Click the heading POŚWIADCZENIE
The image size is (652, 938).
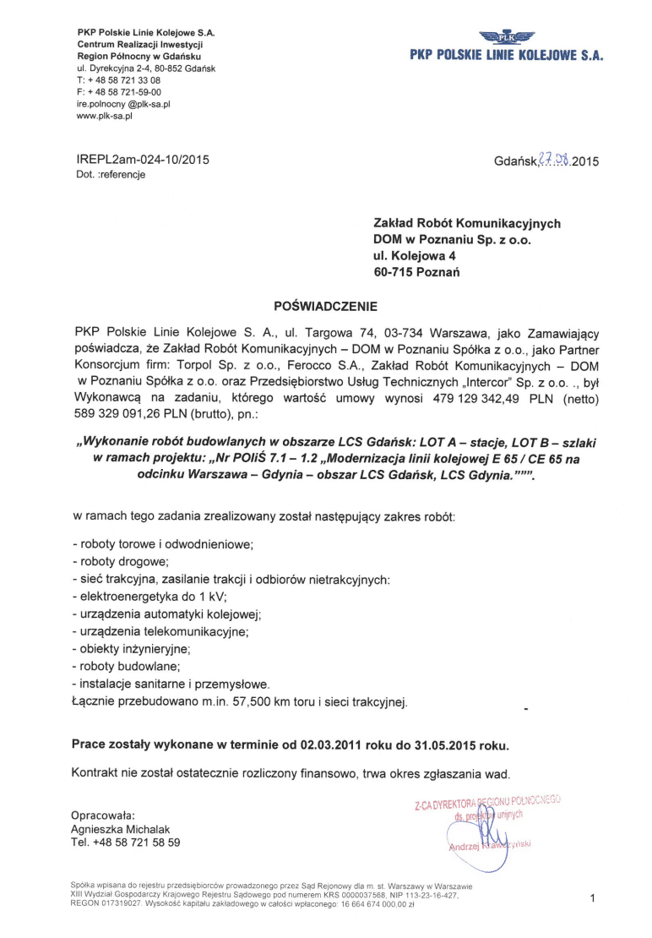click(325, 305)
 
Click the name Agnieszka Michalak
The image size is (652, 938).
click(122, 829)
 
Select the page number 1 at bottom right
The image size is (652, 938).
click(593, 897)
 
